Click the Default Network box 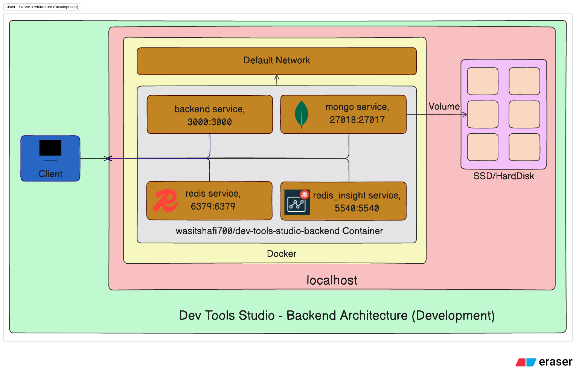point(277,61)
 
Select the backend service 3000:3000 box point(210,115)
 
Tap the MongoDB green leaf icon point(301,114)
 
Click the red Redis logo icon point(165,201)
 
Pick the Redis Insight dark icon point(297,202)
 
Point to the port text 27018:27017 point(357,120)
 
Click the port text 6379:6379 point(213,206)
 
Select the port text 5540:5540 point(357,208)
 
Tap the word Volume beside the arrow point(444,107)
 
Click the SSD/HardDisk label point(503,176)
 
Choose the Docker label point(281,254)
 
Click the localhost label point(332,280)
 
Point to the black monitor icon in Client point(50,148)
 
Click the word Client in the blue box point(50,174)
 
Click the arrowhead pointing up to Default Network point(277,77)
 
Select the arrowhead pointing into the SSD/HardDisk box point(465,114)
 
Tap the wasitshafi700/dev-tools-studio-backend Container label point(279,231)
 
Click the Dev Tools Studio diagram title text point(337,316)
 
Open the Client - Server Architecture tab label point(42,7)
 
